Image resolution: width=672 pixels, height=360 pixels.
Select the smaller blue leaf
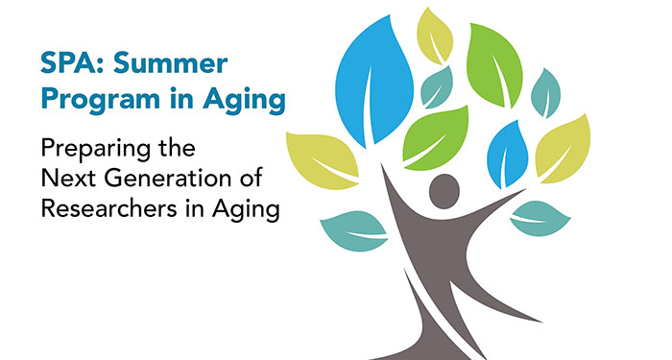click(x=508, y=153)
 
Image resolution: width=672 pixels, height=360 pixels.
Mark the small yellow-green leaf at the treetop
click(x=434, y=35)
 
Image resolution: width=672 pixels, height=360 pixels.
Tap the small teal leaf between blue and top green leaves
click(x=437, y=86)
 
